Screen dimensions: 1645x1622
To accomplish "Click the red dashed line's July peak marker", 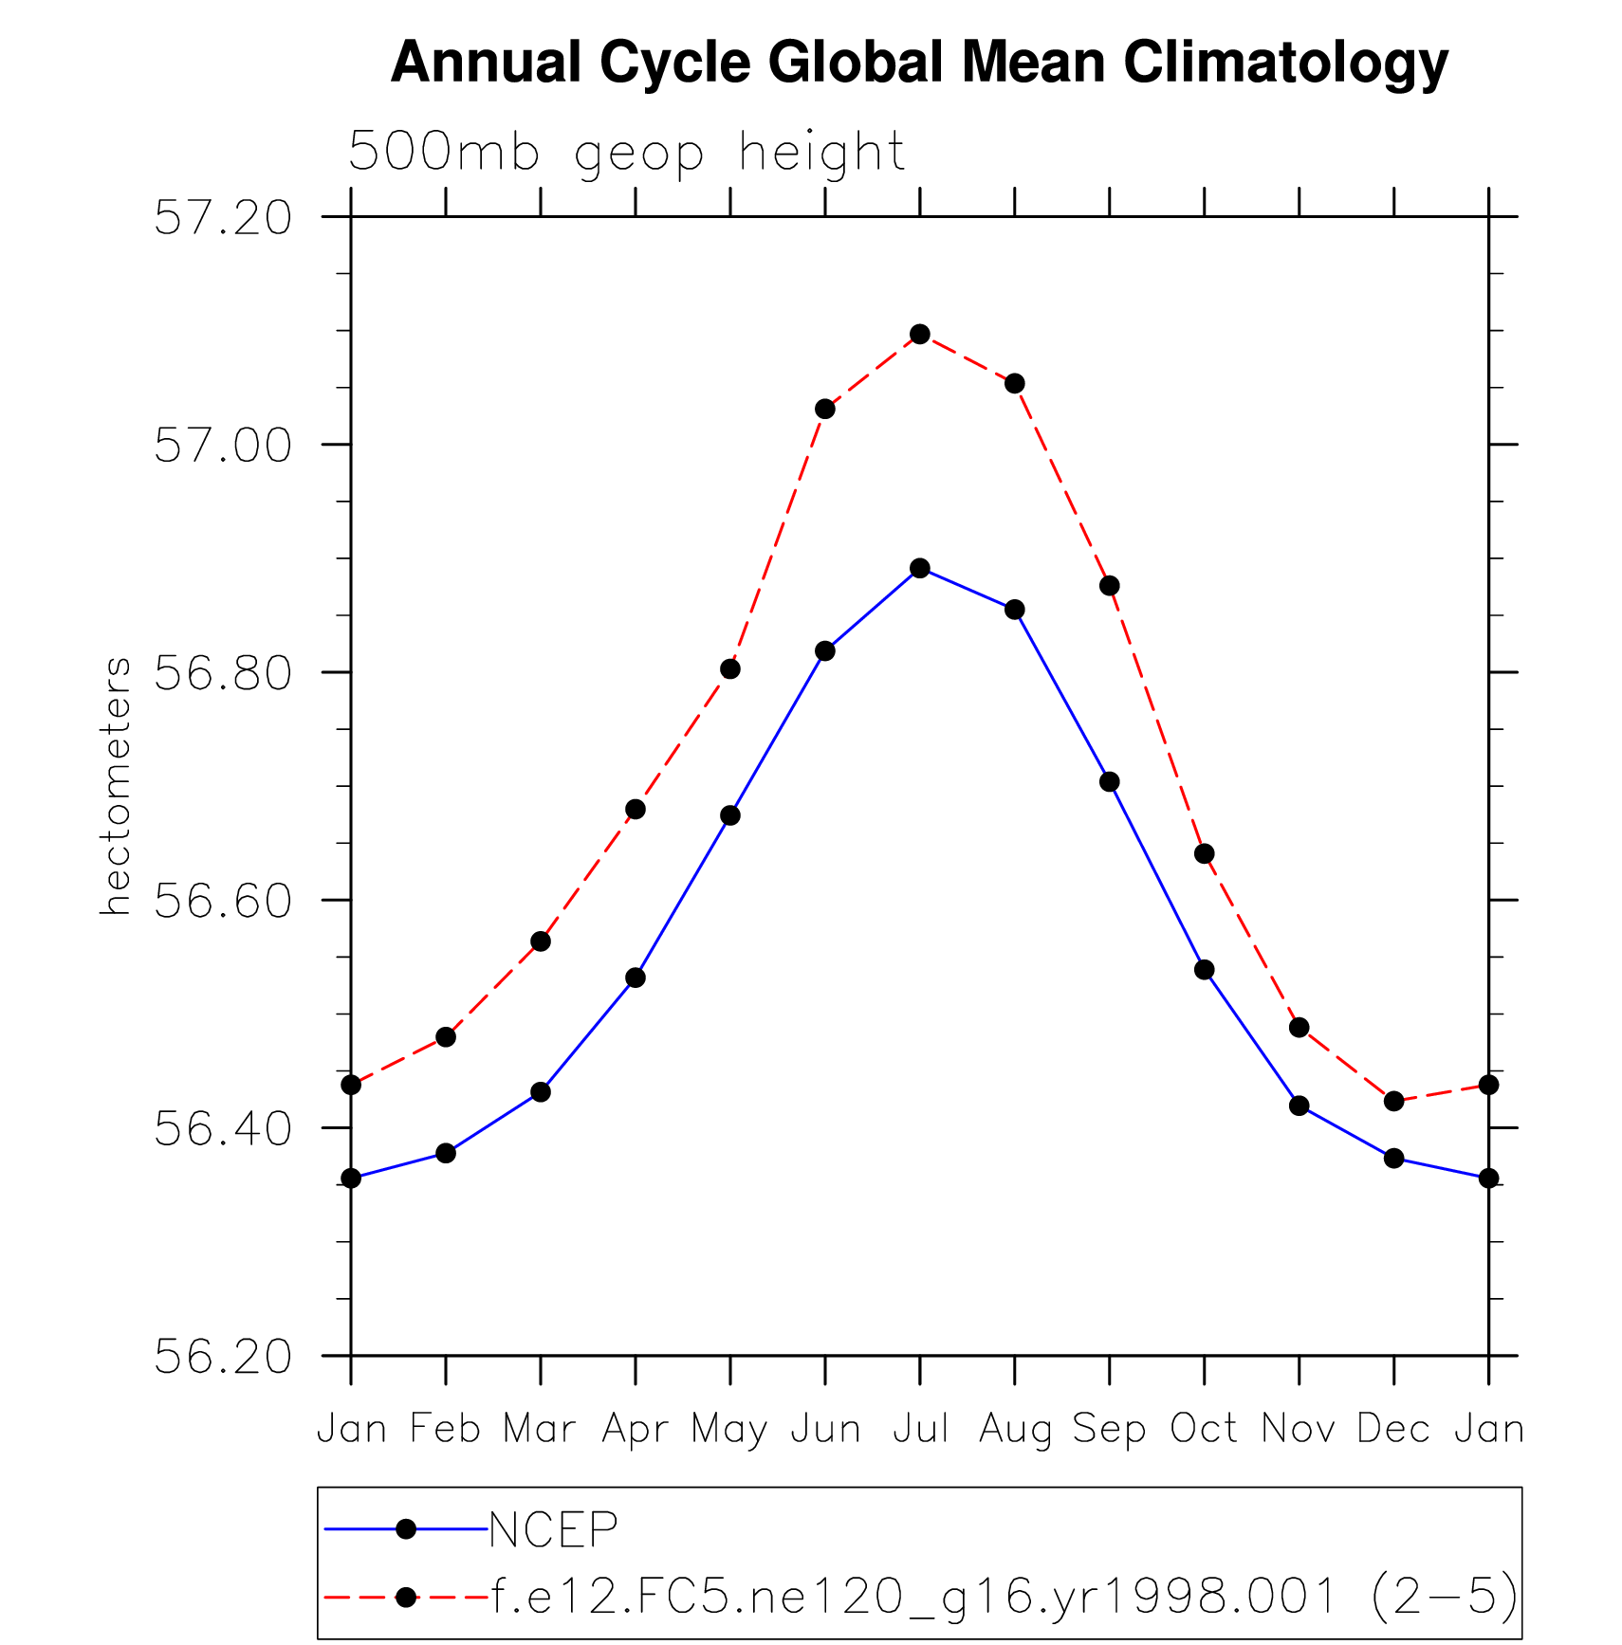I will [919, 334].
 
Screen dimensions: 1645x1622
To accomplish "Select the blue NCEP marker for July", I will [919, 568].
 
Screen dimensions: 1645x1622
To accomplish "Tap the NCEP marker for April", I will [636, 978].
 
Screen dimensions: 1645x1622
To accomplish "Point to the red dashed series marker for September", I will [1109, 586].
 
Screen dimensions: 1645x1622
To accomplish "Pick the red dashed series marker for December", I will [1393, 1101].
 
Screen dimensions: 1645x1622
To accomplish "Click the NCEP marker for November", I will [1299, 1106].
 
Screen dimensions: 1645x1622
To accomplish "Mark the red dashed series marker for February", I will [446, 1037].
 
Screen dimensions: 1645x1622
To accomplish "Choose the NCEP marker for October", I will [1204, 970].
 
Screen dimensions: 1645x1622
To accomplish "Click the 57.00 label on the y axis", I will [224, 446].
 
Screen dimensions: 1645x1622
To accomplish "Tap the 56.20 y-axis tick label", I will [224, 1357].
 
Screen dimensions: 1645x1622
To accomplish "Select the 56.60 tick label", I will [224, 901].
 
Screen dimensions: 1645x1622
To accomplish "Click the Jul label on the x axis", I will [920, 1429].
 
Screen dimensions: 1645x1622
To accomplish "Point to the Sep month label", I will [1109, 1429].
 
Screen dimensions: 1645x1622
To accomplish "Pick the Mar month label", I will [540, 1429].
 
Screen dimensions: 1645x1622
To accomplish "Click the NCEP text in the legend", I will [553, 1529].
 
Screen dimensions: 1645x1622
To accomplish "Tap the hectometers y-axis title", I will [116, 786].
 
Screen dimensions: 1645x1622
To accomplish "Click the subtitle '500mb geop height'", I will [627, 153].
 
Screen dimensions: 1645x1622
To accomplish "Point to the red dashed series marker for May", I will [729, 669].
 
